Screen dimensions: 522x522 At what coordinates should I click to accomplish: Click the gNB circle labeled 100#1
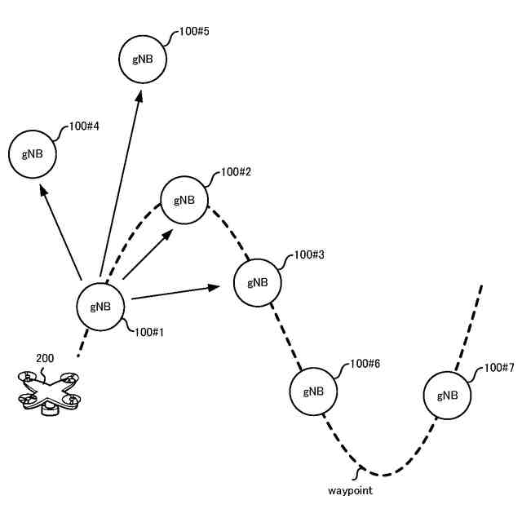[100, 307]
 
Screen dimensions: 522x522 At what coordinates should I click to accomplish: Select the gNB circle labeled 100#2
[184, 200]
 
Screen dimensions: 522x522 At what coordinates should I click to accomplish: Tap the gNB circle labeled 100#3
[258, 282]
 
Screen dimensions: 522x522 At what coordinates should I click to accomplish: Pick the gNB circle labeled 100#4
[33, 153]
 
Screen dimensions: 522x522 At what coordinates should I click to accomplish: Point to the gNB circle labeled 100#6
[313, 391]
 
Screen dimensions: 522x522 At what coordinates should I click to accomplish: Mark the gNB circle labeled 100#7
[447, 396]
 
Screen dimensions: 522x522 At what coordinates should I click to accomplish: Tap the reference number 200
[46, 358]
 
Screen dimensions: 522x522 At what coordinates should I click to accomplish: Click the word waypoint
[350, 491]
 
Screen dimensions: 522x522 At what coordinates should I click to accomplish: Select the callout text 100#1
[149, 332]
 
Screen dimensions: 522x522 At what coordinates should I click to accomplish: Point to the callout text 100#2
[236, 173]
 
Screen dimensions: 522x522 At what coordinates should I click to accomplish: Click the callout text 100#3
[309, 254]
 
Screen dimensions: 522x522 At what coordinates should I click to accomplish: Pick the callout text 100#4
[85, 126]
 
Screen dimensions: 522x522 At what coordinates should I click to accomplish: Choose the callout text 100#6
[364, 364]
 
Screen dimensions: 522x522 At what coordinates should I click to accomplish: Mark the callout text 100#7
[498, 368]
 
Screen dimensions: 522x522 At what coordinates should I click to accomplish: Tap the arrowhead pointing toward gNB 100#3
[215, 287]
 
